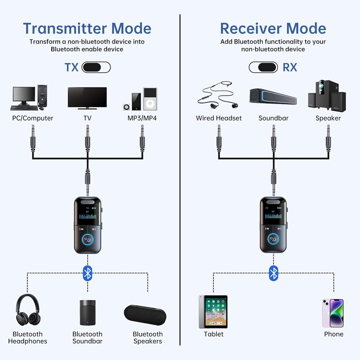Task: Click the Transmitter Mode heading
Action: [x=87, y=28]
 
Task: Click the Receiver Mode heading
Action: [x=273, y=28]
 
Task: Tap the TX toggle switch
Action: [x=96, y=67]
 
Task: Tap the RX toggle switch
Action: [x=263, y=67]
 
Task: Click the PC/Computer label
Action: [x=33, y=118]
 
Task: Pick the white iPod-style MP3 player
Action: [x=150, y=99]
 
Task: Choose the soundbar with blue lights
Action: [x=273, y=96]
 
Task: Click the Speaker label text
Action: [x=328, y=118]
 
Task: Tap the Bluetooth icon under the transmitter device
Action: [x=87, y=273]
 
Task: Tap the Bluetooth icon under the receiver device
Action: [x=273, y=273]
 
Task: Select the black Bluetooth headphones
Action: [x=27, y=310]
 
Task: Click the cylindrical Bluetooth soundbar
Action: [x=87, y=312]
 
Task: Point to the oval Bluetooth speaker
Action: [x=145, y=314]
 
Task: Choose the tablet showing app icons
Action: [x=213, y=312]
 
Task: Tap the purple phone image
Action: [x=333, y=313]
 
